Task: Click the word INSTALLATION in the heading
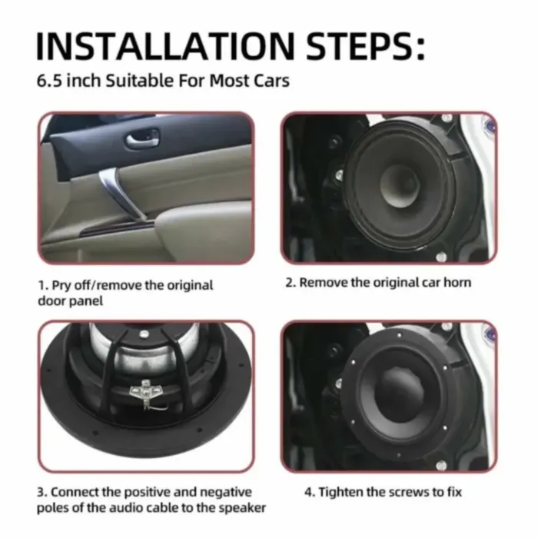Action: [x=165, y=46]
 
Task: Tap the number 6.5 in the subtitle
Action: [x=49, y=81]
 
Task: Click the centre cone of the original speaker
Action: [x=400, y=187]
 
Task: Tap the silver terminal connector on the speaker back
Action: [x=145, y=391]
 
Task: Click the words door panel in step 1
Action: [x=70, y=301]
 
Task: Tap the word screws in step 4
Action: [x=408, y=492]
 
